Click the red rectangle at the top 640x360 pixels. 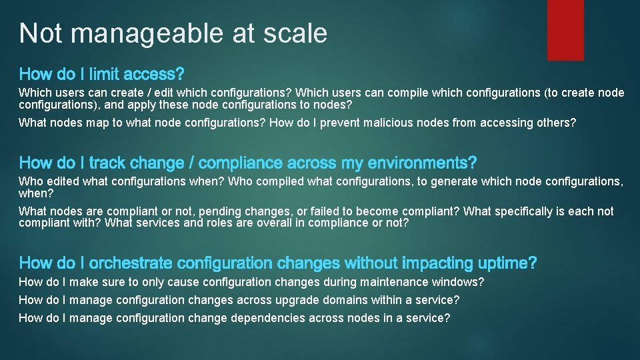coord(565,30)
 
